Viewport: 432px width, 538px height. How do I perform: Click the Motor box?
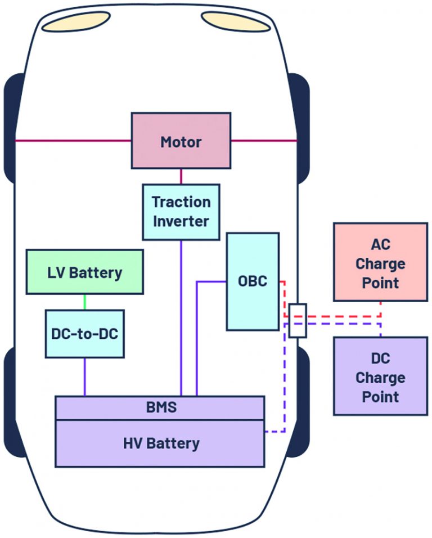coord(181,141)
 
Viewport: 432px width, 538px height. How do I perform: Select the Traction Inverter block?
coord(181,212)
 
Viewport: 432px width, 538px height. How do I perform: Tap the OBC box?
coord(253,281)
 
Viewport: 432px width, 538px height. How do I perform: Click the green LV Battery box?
coord(84,273)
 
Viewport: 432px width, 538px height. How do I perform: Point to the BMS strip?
coord(160,407)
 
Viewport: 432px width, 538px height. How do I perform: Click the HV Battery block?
coord(160,443)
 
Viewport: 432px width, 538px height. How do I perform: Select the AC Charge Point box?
coord(380,262)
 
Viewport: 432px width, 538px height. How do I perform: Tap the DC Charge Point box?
coord(380,376)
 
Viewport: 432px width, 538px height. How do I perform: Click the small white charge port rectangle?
coord(298,320)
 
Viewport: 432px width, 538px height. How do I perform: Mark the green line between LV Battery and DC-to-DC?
coord(84,301)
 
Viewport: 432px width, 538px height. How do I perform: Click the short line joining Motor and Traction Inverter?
coord(181,176)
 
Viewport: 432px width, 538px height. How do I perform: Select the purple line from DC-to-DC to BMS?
coord(84,376)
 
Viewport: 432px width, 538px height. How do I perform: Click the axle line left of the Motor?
coord(73,140)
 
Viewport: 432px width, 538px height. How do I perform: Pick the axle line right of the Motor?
coord(263,140)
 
